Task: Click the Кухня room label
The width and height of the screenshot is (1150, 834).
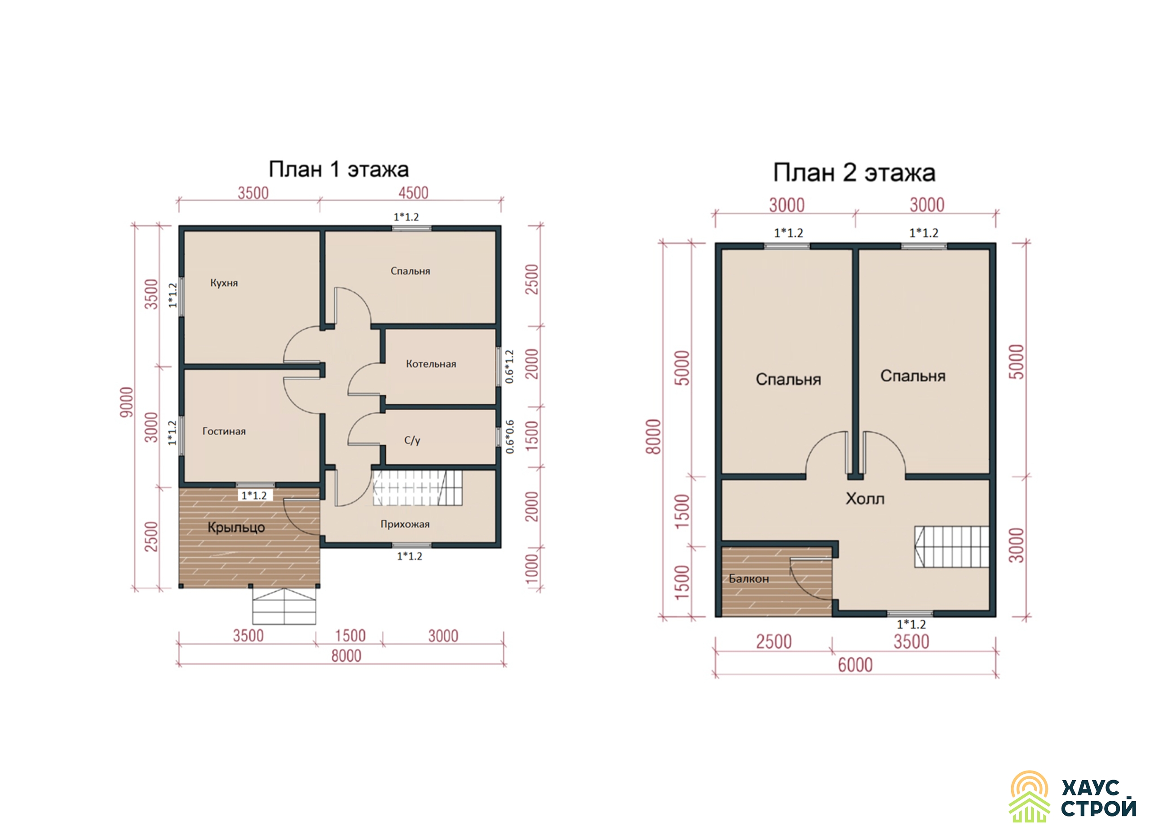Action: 224,283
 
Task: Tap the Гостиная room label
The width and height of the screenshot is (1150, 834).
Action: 224,431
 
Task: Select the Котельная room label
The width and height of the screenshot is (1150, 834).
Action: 430,364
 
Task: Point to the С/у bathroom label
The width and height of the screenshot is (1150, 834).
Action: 412,440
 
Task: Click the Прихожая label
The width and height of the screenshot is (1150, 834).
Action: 405,524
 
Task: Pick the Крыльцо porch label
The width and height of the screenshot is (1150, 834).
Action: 236,528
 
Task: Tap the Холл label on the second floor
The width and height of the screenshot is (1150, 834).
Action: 865,499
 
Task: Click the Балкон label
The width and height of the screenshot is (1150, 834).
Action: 748,579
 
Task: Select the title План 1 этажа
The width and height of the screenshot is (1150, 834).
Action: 338,169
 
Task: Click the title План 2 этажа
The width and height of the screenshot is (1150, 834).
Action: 854,173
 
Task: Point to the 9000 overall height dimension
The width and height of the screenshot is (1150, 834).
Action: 126,402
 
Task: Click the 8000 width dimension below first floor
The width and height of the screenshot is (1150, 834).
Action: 346,656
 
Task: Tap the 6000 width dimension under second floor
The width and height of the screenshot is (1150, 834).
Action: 855,665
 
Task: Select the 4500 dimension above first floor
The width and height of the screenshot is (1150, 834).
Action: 413,193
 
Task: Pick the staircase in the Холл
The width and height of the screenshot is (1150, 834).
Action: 952,546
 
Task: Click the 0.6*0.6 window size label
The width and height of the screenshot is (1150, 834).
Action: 509,437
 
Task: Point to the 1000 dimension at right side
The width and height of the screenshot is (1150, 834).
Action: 531,569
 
